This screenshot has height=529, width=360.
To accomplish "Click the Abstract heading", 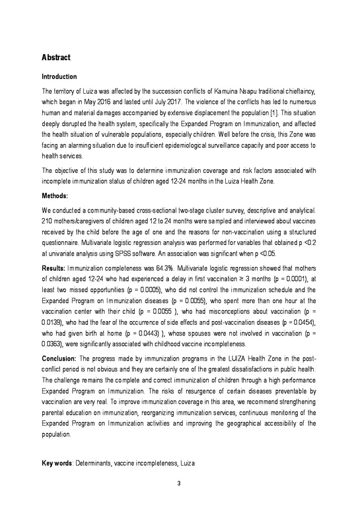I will (x=56, y=57).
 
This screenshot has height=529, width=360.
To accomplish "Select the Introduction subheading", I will (x=59, y=77).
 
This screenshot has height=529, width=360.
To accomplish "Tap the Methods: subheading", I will (x=56, y=196).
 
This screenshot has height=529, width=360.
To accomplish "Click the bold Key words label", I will (x=57, y=464).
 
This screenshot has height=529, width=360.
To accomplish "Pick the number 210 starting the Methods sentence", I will (x=47, y=221).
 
